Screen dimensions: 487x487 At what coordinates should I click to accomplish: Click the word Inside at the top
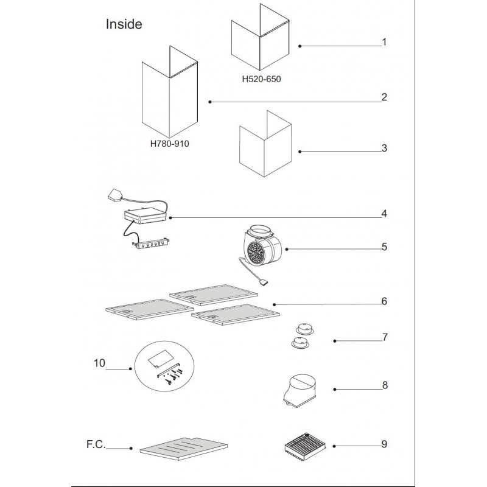pos(124,24)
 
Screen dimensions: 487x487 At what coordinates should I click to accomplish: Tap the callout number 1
pos(384,43)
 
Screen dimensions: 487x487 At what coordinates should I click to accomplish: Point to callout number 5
pos(384,247)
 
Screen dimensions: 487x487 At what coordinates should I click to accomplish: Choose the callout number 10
pos(100,363)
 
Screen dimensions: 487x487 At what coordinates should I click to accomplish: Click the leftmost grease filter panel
pos(143,308)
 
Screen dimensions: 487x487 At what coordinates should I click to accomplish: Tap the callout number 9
pos(384,444)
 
